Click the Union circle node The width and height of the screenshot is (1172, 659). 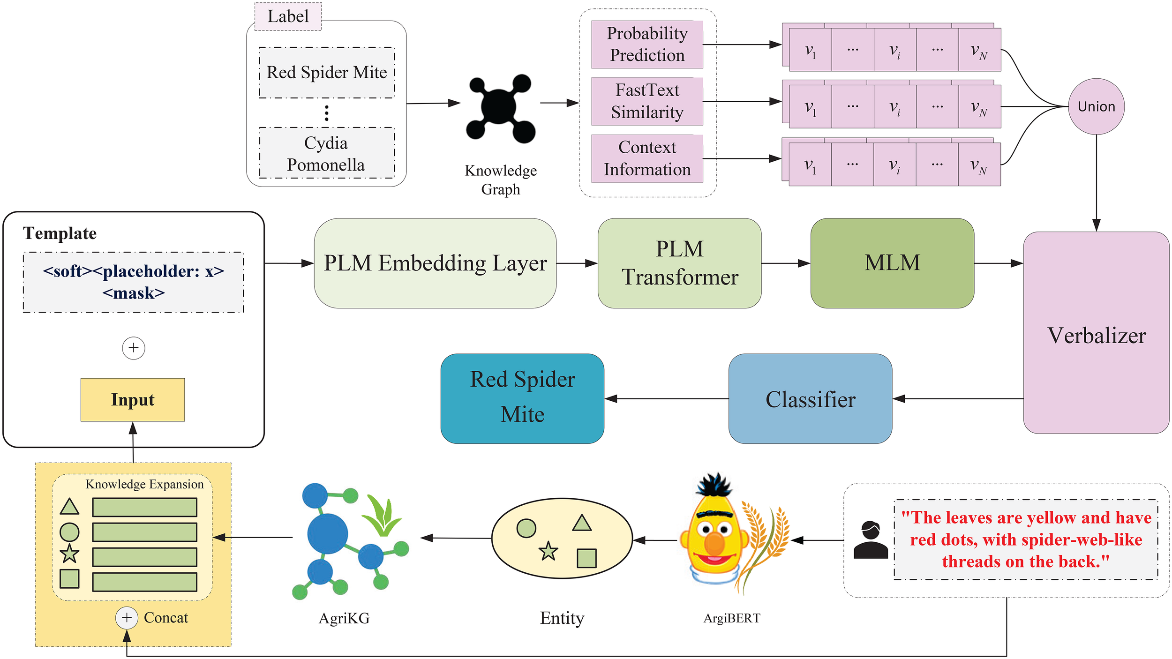(x=1096, y=106)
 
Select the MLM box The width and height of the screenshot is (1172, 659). (x=892, y=263)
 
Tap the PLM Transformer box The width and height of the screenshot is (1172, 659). (x=679, y=263)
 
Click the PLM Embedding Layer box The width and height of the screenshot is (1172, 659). (x=435, y=263)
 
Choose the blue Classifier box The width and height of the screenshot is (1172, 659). (x=810, y=399)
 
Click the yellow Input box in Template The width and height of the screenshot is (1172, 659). (x=133, y=400)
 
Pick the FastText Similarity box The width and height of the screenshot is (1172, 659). (x=647, y=101)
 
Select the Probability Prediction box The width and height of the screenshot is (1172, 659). (x=647, y=45)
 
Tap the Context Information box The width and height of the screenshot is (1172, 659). (x=647, y=158)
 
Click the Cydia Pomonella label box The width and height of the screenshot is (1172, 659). (x=327, y=153)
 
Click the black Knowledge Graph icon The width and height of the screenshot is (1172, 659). (x=500, y=108)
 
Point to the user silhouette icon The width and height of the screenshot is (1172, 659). (x=871, y=540)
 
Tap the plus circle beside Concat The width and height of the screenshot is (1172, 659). (x=127, y=618)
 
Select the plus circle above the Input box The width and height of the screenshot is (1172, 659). (x=134, y=348)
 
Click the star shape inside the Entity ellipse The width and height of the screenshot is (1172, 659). (x=548, y=552)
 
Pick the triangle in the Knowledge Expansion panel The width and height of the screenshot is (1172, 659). (x=69, y=507)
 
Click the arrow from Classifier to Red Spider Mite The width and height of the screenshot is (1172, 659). (x=666, y=399)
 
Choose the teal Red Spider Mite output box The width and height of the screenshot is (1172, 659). (x=522, y=398)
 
